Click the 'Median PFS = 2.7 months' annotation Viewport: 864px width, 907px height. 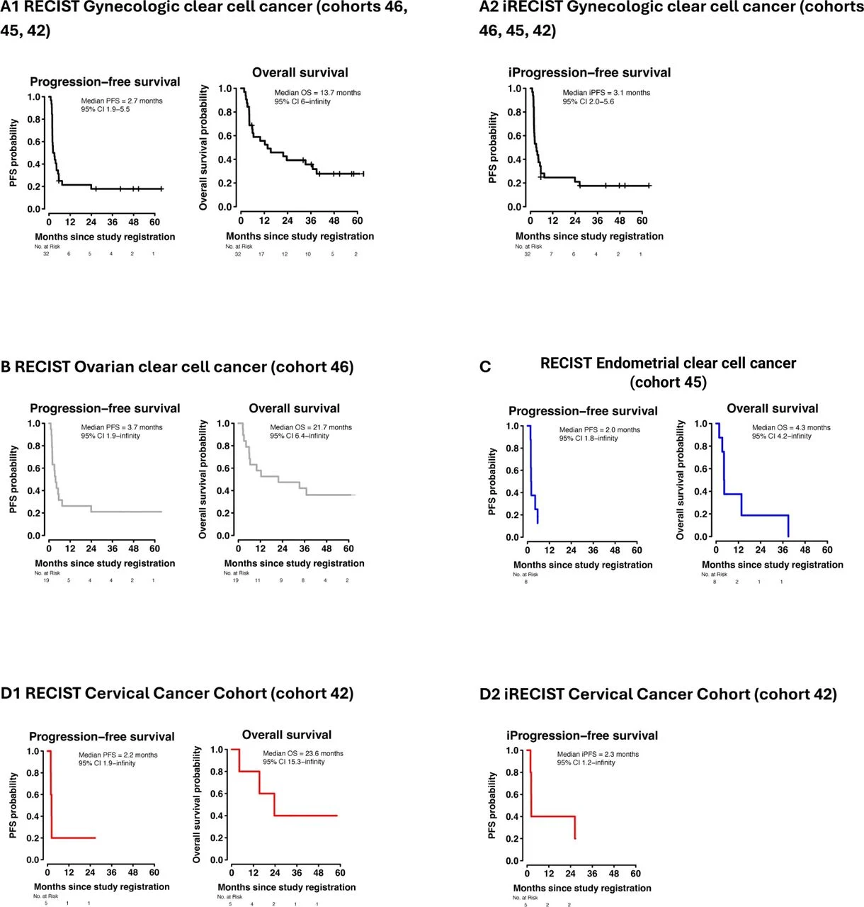tap(122, 101)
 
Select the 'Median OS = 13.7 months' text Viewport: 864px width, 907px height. tap(317, 92)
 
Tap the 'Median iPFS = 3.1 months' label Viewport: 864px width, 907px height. tap(606, 92)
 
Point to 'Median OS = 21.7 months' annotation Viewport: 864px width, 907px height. tap(311, 427)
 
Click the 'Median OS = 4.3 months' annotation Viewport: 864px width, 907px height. tap(791, 427)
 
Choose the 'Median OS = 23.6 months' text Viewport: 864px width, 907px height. tap(303, 753)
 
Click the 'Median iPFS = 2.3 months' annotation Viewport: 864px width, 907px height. tap(598, 754)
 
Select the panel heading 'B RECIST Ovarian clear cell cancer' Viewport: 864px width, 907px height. tap(177, 367)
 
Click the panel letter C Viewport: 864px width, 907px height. tap(485, 367)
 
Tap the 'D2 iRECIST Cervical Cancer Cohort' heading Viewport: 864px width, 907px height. tap(658, 694)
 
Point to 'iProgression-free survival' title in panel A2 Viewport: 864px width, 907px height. tap(589, 72)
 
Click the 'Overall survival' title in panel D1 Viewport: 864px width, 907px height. tap(287, 735)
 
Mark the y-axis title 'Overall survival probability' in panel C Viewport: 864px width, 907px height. tap(681, 480)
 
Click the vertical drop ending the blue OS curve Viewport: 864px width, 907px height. tap(788, 526)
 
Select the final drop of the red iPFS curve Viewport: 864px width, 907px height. tap(574, 828)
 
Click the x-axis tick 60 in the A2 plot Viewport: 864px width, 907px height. tap(642, 220)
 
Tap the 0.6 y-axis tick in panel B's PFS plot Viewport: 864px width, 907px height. tap(34, 468)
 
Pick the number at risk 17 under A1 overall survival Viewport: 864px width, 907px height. tap(261, 254)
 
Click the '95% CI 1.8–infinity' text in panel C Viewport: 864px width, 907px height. tap(589, 439)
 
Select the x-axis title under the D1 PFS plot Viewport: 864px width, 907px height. tap(102, 886)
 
